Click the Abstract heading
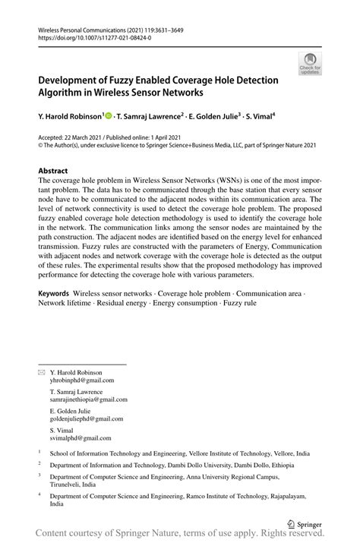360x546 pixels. tap(53, 171)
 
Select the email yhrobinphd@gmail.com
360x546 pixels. tap(81, 380)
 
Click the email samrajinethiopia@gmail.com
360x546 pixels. tap(88, 399)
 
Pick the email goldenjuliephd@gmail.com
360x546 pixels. tap(87, 418)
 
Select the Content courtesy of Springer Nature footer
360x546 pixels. tap(180, 535)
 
